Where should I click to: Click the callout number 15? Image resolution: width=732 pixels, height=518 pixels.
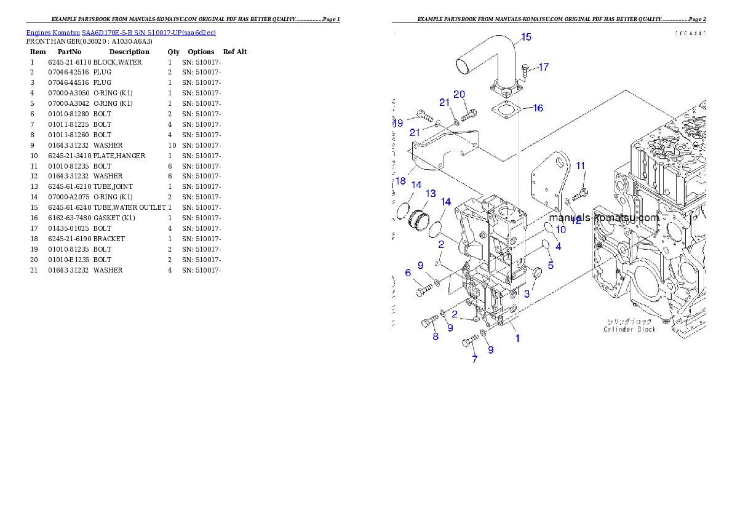click(526, 38)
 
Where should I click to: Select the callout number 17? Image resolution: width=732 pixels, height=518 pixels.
click(543, 67)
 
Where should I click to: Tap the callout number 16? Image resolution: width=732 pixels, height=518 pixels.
click(538, 108)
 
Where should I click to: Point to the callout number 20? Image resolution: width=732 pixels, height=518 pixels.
click(459, 94)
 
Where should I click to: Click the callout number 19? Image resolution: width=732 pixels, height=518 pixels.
click(398, 123)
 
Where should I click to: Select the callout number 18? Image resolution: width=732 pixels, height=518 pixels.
click(400, 181)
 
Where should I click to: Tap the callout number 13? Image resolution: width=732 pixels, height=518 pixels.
click(430, 194)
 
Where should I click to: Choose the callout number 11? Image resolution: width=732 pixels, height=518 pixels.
click(580, 165)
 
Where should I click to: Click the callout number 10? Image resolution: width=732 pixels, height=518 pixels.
click(560, 229)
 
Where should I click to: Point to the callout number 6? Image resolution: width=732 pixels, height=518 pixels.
click(407, 273)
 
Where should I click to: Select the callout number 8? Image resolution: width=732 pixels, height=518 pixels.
click(436, 337)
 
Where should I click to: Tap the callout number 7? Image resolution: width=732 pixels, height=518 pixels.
click(474, 359)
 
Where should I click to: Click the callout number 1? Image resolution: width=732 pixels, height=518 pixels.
click(517, 338)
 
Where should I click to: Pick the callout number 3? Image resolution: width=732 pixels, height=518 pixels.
click(527, 295)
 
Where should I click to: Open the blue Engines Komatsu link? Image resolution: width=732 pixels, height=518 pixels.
click(121, 32)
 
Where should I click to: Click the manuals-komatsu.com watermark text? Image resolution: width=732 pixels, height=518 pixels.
click(603, 218)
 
